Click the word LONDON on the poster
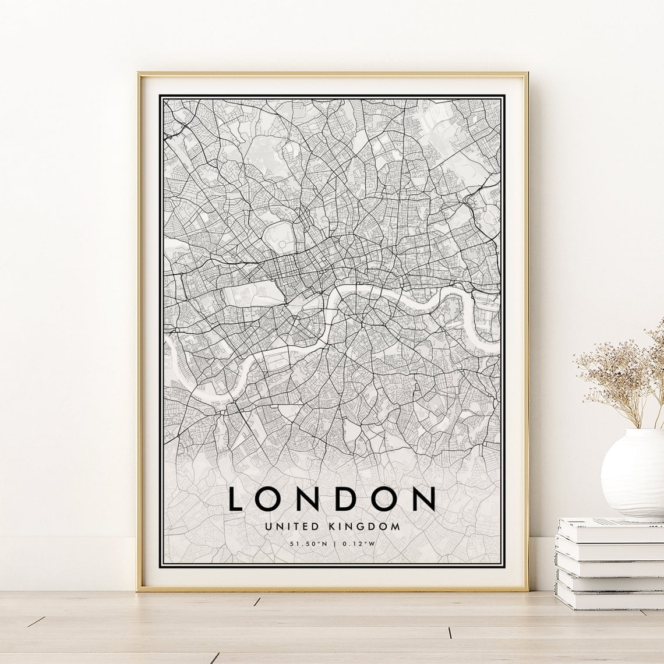click(332, 499)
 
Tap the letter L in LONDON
click(235, 499)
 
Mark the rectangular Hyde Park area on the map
click(244, 292)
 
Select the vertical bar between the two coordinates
click(333, 545)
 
